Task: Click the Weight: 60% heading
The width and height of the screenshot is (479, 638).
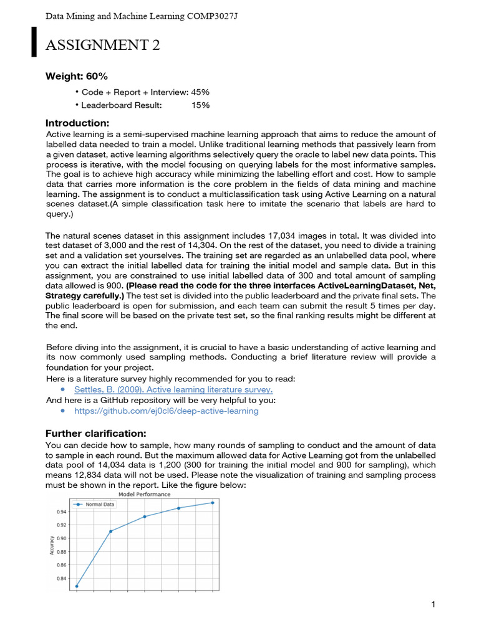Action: pyautogui.click(x=77, y=76)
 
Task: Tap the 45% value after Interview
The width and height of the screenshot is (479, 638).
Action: pyautogui.click(x=200, y=92)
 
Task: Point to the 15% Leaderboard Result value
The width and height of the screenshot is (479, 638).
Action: pyautogui.click(x=200, y=105)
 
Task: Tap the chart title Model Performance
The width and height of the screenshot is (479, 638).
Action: pyautogui.click(x=145, y=494)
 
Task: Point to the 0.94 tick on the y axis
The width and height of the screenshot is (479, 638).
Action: pyautogui.click(x=60, y=512)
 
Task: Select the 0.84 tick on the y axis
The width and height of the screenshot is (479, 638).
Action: pyautogui.click(x=60, y=579)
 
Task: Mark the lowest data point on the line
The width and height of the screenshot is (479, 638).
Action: pyautogui.click(x=77, y=586)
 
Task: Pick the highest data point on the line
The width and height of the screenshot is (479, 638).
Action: pyautogui.click(x=213, y=502)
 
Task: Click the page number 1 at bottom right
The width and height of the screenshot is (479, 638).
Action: pyautogui.click(x=432, y=604)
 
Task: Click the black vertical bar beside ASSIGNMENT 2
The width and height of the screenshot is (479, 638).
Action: pyautogui.click(x=35, y=42)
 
